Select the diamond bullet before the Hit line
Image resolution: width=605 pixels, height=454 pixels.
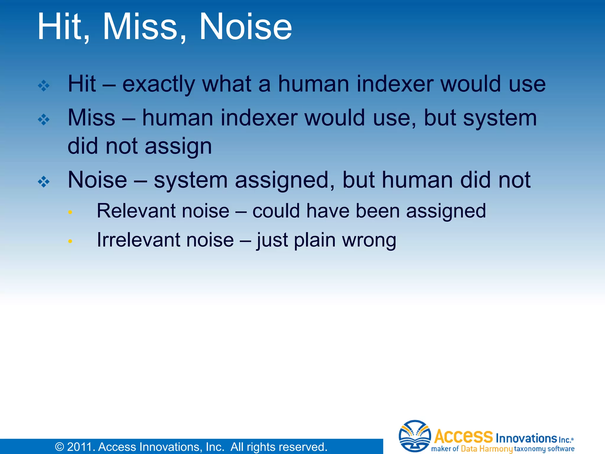[x=44, y=86]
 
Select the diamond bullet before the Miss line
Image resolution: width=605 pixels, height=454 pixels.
[x=44, y=120]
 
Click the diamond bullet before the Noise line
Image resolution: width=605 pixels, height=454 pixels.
[x=44, y=182]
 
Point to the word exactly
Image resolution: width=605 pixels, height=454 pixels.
[x=158, y=84]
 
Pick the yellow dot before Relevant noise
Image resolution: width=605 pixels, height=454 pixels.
[x=70, y=212]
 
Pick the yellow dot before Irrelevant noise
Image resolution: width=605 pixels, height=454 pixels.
[x=70, y=241]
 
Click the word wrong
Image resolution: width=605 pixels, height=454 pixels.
[x=369, y=240]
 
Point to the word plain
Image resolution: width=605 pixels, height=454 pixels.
[x=315, y=240]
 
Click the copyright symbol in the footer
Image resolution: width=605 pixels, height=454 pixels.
[x=60, y=447]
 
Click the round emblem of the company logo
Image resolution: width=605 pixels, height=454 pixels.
[x=414, y=436]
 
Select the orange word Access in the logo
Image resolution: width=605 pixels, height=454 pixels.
[x=463, y=436]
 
